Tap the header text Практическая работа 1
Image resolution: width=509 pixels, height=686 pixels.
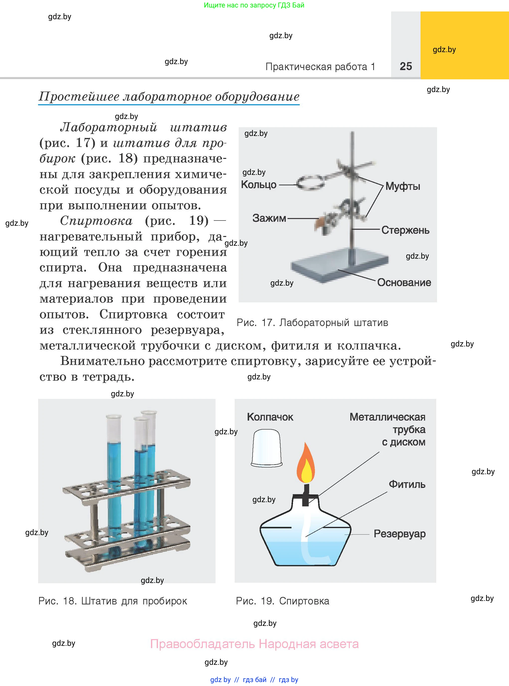point(320,67)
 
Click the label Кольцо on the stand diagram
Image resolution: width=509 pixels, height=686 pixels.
point(259,184)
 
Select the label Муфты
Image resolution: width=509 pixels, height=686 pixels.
point(402,186)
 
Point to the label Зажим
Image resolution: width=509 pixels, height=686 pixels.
point(269,218)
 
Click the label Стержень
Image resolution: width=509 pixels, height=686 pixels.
point(405,230)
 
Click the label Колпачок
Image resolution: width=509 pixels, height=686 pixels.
point(270,417)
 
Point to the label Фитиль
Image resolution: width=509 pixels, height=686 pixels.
point(407,484)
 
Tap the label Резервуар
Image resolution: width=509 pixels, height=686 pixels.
point(399,534)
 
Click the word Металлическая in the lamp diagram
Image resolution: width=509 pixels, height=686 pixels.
point(387,417)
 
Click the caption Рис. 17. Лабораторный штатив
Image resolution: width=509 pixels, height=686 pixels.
point(312,323)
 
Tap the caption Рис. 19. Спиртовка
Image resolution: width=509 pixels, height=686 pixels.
point(282,601)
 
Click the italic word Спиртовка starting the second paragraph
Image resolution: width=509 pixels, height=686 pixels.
point(96,221)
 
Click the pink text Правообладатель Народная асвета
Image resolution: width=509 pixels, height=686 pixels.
point(254,644)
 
